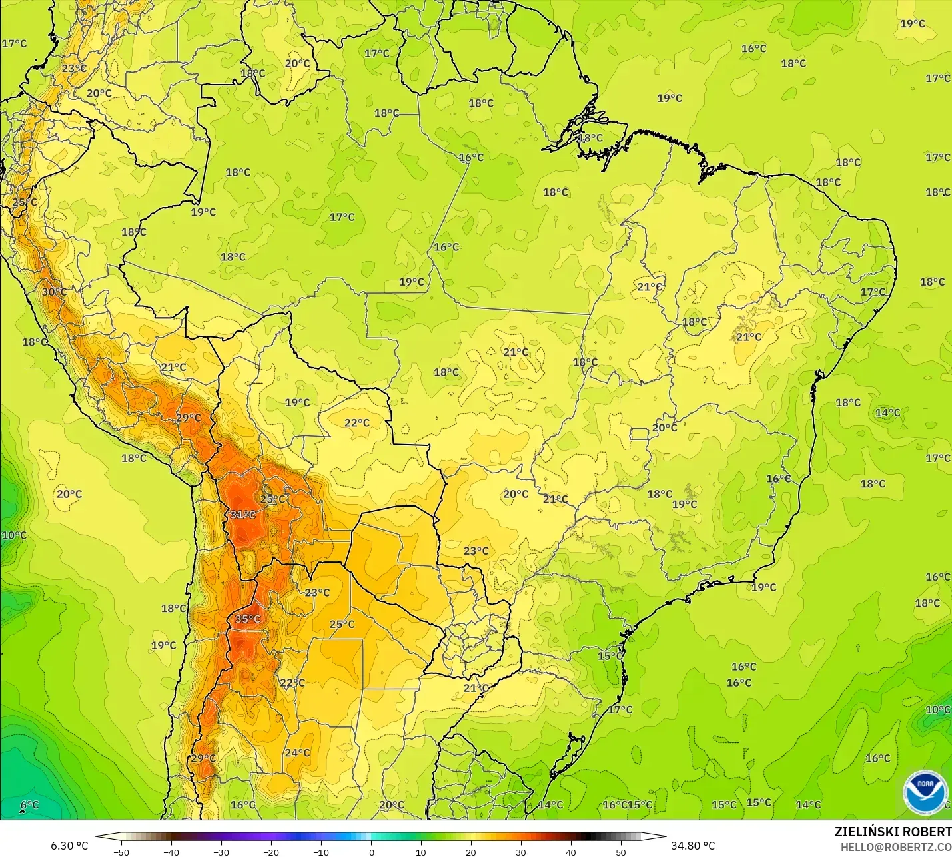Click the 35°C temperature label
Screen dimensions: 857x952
click(x=247, y=619)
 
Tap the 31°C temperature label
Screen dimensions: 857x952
click(x=242, y=514)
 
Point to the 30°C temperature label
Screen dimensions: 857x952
click(x=54, y=292)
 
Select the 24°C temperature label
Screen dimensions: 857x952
click(x=297, y=752)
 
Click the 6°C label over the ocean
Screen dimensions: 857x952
click(x=29, y=804)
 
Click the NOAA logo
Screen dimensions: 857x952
click(x=925, y=792)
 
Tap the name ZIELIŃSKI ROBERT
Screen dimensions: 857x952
click(x=893, y=832)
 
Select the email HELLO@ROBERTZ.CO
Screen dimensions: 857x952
click(x=895, y=846)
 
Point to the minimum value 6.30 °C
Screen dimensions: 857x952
click(x=69, y=846)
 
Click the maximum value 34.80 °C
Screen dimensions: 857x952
click(x=693, y=846)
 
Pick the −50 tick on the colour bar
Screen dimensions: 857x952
click(x=121, y=852)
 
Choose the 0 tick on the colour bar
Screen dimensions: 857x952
click(x=371, y=852)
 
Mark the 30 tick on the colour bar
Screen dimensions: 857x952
click(x=521, y=852)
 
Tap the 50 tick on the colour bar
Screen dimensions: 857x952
click(x=621, y=852)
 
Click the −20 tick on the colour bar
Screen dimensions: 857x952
click(x=271, y=852)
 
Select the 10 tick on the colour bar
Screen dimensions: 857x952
click(x=421, y=852)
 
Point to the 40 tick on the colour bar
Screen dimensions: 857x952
click(x=571, y=852)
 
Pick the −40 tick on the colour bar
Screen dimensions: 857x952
click(x=171, y=852)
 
